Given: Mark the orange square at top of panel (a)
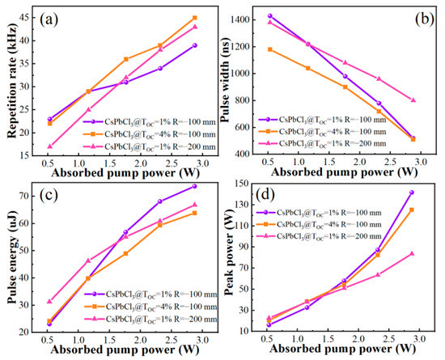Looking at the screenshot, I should (x=194, y=18).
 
